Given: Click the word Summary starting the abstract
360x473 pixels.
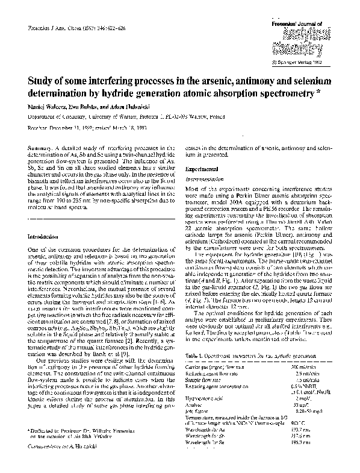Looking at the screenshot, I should click(39, 148).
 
